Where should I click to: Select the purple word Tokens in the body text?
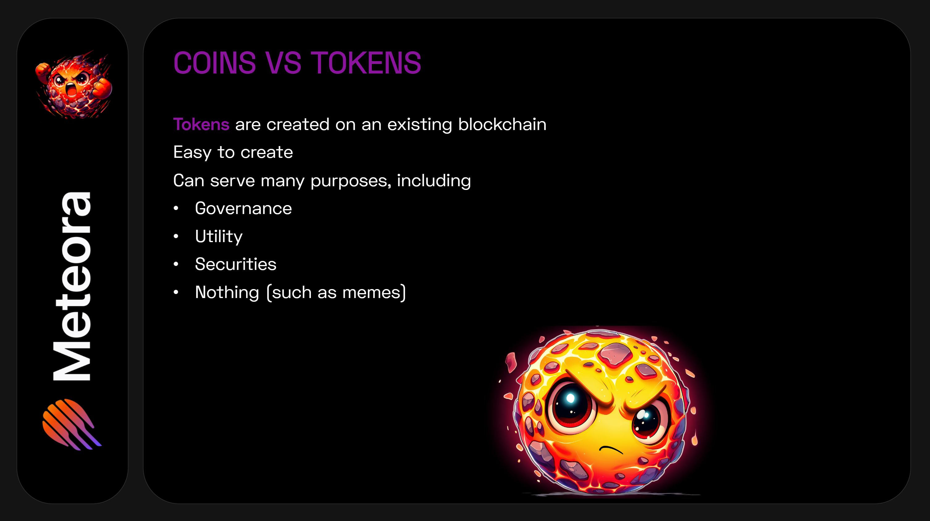click(201, 124)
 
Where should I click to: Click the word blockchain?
click(502, 124)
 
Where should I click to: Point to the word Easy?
click(192, 152)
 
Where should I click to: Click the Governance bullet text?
click(243, 208)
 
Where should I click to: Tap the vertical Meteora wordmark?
click(72, 286)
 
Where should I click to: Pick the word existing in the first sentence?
click(420, 124)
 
